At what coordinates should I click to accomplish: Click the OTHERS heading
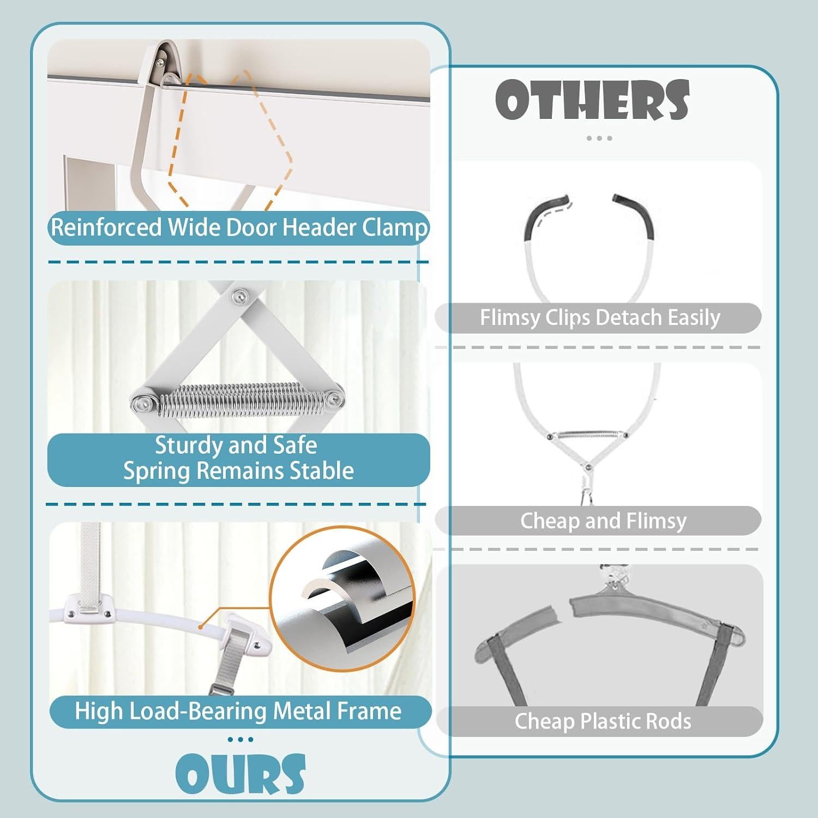click(x=592, y=100)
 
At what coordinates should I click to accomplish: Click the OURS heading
click(x=240, y=773)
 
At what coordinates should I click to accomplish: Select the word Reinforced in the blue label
click(x=106, y=227)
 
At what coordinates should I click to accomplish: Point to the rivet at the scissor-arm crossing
click(x=239, y=296)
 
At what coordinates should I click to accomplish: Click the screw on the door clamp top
click(x=159, y=63)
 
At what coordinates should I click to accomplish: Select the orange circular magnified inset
click(x=342, y=598)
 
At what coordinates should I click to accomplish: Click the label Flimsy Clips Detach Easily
click(x=599, y=317)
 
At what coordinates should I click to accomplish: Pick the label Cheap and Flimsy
click(x=603, y=521)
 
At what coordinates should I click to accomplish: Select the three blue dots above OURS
click(x=240, y=739)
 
